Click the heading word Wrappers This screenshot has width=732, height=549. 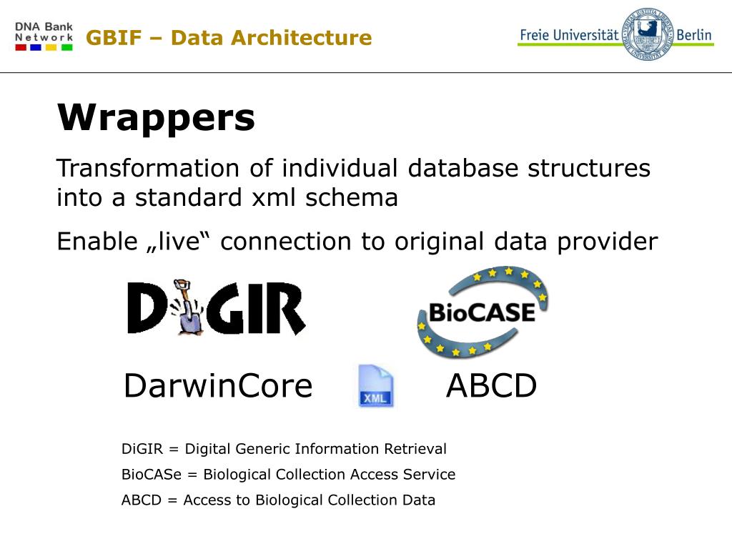tap(156, 118)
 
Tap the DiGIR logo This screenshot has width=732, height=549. tap(216, 307)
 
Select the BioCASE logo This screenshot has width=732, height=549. tap(482, 312)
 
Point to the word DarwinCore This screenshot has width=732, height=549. tap(218, 387)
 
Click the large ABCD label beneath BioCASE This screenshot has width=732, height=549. tap(491, 387)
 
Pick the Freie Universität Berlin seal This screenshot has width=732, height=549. tap(649, 34)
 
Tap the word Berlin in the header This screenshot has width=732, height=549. tap(694, 34)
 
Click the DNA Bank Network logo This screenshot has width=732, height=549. tap(44, 36)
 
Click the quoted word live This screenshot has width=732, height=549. tap(176, 242)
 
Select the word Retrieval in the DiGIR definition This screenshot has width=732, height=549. tap(415, 449)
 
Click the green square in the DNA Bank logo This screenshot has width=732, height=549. tap(66, 47)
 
